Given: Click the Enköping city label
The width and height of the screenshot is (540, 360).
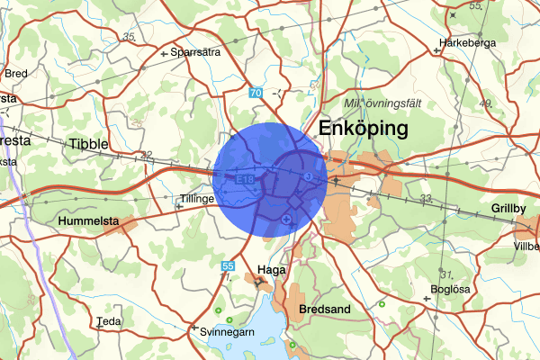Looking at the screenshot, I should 364,129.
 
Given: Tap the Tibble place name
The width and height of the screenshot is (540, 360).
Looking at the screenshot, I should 88,143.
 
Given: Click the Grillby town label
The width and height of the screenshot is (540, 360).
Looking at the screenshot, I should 508,209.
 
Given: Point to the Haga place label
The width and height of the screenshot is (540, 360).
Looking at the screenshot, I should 271,268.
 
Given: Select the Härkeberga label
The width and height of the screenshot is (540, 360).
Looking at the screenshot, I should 468,42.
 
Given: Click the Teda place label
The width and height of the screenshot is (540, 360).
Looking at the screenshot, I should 108,320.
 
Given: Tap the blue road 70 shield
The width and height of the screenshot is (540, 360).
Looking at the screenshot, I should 256,93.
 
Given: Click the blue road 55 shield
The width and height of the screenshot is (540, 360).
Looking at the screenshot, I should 229,265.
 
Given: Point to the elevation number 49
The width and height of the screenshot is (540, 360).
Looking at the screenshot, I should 511,103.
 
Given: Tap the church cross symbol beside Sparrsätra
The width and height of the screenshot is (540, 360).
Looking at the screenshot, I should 163,54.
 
